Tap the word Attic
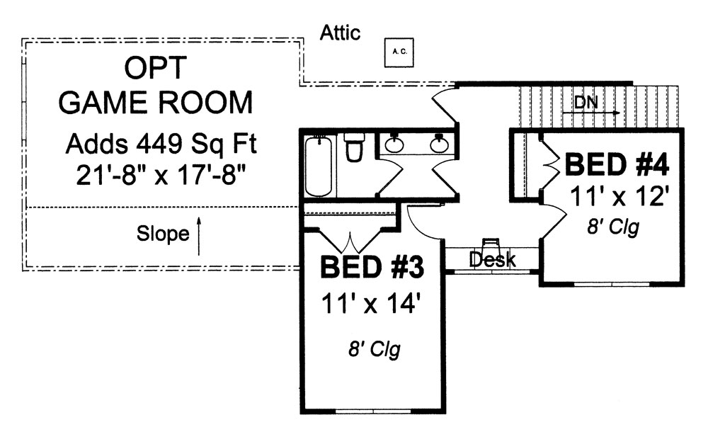point(340,33)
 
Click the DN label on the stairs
point(586,103)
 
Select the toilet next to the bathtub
point(354,149)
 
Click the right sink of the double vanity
point(439,145)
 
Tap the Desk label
point(493,260)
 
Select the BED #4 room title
point(616,165)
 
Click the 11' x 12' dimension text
point(619,196)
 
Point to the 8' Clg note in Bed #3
point(373,350)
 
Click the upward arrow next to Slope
point(199,236)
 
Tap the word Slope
point(163,234)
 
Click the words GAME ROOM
point(155,103)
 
